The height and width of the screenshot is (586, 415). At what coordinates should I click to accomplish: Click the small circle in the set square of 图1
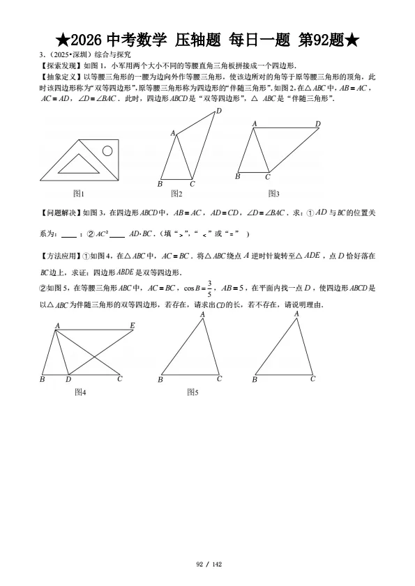tap(107, 150)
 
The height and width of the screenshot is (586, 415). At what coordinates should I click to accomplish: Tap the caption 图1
tap(79, 194)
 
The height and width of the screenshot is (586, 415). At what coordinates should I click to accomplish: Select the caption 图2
tap(176, 194)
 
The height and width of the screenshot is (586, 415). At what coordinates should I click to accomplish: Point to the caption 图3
tap(273, 194)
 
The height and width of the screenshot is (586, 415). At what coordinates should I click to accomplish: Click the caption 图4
tap(80, 392)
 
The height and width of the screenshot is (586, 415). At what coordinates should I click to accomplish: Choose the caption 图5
tap(193, 392)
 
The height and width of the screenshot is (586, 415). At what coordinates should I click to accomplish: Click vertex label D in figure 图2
tap(218, 111)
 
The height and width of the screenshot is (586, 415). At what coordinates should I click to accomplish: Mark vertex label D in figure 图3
tap(317, 124)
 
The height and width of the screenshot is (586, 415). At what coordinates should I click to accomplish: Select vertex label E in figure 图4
tap(132, 325)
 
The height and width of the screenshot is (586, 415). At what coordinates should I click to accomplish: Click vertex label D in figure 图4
tap(68, 380)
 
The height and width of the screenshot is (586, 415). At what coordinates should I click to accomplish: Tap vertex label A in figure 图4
tap(56, 325)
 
